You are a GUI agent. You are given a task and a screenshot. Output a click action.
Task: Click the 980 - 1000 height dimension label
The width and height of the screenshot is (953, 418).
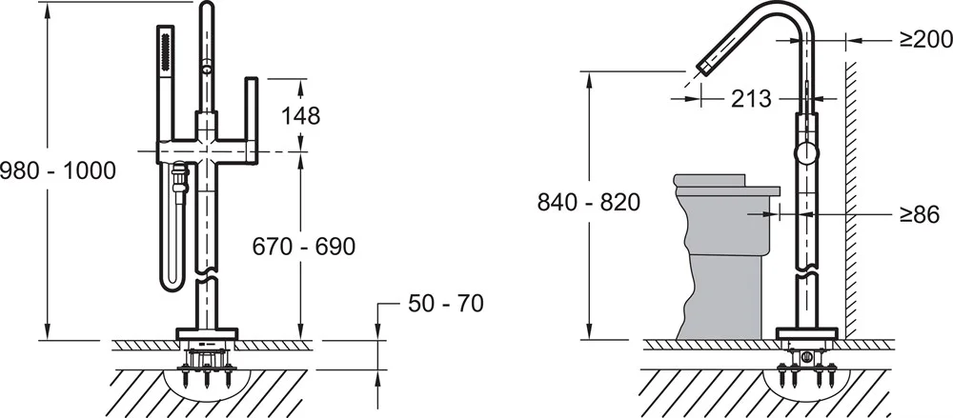click(x=58, y=170)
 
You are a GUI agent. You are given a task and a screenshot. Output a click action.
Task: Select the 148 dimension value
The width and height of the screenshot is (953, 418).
click(x=300, y=115)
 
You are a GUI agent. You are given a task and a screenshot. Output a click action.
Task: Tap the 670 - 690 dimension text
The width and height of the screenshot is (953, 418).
click(x=304, y=246)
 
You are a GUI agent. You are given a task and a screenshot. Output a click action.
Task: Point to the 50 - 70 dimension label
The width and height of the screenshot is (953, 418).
click(x=446, y=303)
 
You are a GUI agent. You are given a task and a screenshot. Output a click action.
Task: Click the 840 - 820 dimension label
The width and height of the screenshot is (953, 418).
click(x=589, y=202)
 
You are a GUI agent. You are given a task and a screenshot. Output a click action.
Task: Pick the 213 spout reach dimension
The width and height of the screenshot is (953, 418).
click(x=751, y=98)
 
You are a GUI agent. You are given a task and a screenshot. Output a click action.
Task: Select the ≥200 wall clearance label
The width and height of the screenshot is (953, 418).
click(x=926, y=39)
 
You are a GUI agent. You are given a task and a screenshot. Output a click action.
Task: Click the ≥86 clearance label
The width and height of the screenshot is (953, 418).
click(x=920, y=214)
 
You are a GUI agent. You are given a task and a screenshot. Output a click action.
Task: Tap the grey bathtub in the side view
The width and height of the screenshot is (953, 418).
click(x=723, y=256)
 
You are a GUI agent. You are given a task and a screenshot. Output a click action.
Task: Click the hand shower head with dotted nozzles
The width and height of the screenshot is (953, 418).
click(x=166, y=53)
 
